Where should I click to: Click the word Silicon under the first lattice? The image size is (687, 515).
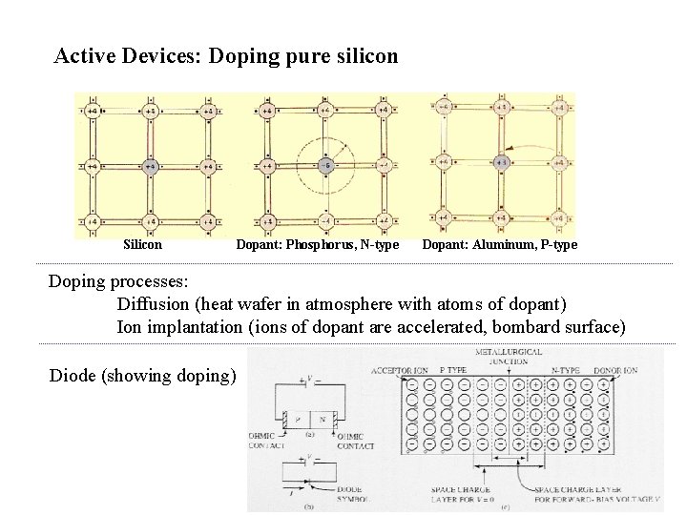(x=142, y=244)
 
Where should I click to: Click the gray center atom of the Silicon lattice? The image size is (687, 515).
(x=150, y=167)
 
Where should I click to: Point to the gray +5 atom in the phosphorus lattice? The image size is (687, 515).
(x=324, y=165)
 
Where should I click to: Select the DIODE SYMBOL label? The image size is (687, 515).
(x=349, y=496)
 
